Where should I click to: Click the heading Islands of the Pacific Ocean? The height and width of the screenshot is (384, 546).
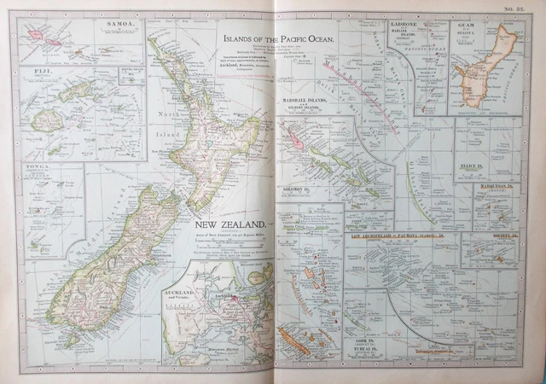[x=277, y=39]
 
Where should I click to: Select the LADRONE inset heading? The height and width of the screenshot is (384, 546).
[x=402, y=25]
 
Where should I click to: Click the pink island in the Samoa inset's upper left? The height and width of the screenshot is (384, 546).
[x=36, y=36]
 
